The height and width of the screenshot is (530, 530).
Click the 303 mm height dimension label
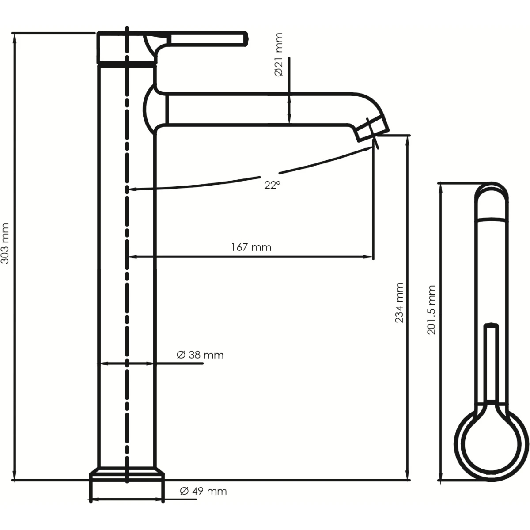(5, 243)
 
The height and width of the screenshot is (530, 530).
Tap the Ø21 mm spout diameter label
(279, 54)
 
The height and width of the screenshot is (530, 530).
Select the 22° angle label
(273, 185)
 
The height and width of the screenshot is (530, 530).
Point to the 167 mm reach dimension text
(251, 247)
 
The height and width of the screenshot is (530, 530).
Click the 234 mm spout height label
(399, 303)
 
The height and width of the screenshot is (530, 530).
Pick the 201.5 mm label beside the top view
(431, 310)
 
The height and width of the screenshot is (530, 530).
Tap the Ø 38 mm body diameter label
(200, 355)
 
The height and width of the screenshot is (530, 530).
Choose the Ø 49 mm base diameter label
(203, 491)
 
